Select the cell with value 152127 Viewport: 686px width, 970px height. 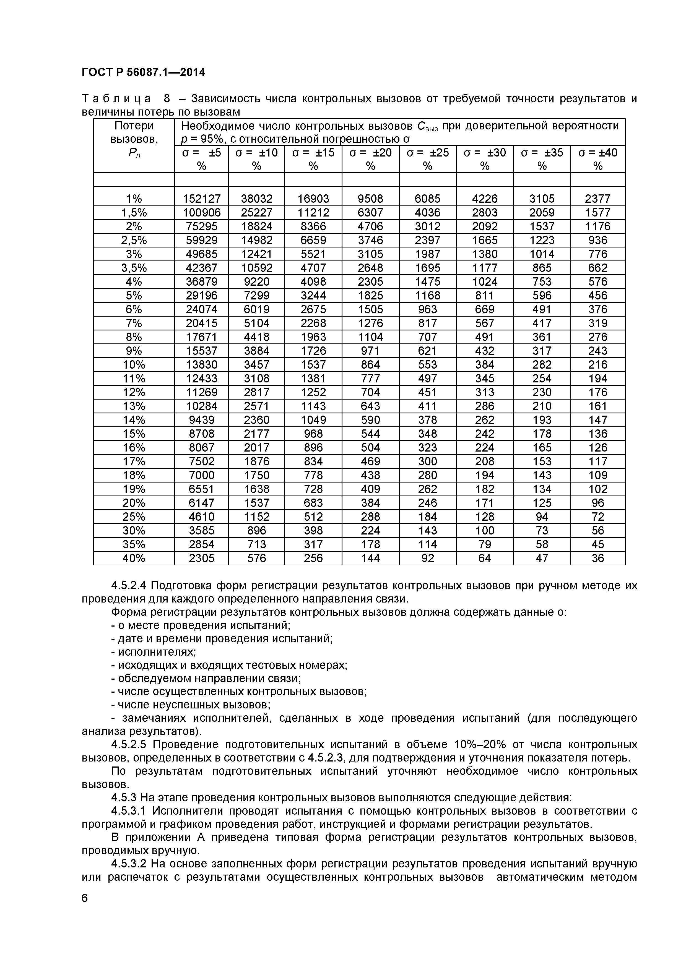pyautogui.click(x=202, y=199)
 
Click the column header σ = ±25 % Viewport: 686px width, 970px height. pyautogui.click(x=427, y=159)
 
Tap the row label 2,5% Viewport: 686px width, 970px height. pyautogui.click(x=134, y=240)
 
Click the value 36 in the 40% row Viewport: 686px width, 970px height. pyautogui.click(x=598, y=558)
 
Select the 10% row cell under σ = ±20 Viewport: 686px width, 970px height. pyautogui.click(x=370, y=365)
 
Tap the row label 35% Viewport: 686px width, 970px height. pyautogui.click(x=134, y=544)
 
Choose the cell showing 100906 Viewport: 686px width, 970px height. pyautogui.click(x=202, y=213)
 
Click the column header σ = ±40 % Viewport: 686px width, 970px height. pyautogui.click(x=598, y=159)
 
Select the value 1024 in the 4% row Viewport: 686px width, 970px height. pyautogui.click(x=484, y=281)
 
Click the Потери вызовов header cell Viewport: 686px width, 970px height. pyautogui.click(x=134, y=139)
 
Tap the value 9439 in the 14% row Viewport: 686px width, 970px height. pyautogui.click(x=202, y=420)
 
